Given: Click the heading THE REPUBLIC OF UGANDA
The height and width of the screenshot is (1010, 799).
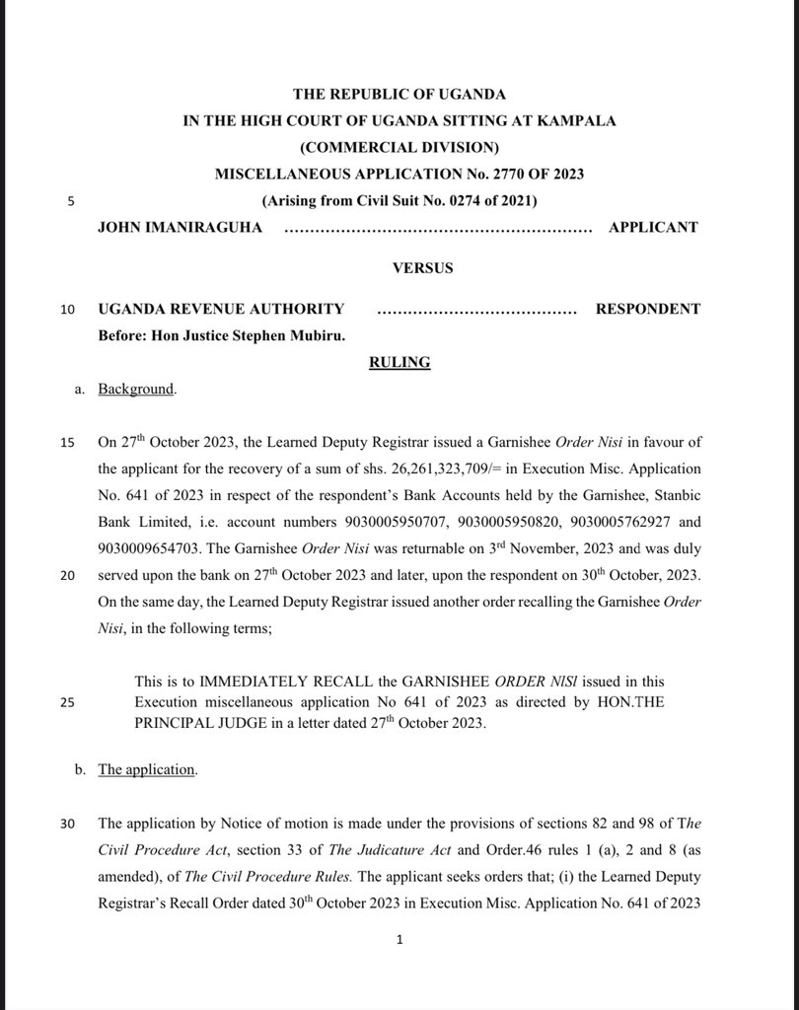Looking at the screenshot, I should click(399, 94).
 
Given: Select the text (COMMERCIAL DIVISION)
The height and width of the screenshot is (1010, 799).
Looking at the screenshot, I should click(399, 147).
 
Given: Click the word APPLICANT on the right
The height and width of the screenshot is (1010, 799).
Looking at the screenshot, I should click(652, 227).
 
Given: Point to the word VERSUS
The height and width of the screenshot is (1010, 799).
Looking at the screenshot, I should click(399, 267).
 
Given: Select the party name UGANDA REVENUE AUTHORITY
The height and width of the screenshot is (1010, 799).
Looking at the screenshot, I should click(221, 309).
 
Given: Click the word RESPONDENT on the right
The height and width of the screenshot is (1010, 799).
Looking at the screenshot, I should click(647, 309).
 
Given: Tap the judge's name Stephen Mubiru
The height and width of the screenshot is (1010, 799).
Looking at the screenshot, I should click(304, 335).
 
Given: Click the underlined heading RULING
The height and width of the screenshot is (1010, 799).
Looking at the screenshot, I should click(399, 362).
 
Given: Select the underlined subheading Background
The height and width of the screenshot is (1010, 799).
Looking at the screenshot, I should click(135, 389).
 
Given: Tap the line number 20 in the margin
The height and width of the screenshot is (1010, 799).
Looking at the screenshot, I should click(67, 574).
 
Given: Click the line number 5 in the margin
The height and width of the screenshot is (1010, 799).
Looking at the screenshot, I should click(70, 201).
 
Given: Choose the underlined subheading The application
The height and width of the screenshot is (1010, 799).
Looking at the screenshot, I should click(146, 769).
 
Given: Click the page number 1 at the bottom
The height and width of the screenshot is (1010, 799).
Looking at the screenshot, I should click(399, 941).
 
